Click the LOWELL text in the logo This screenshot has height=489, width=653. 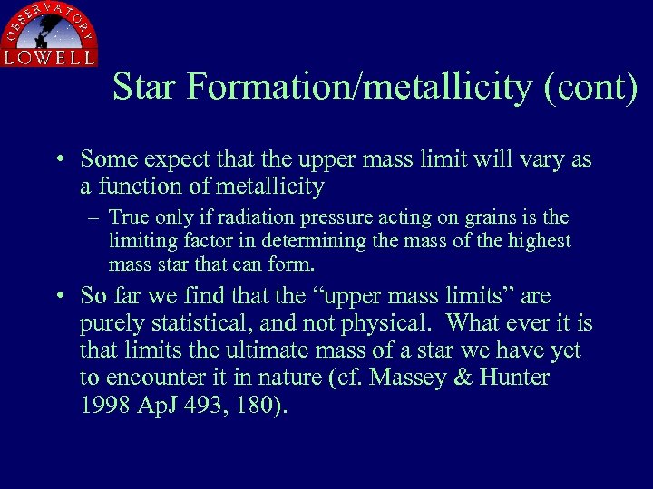pyautogui.click(x=49, y=56)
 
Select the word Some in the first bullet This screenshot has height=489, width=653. pyautogui.click(x=107, y=160)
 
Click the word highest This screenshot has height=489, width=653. pyautogui.click(x=540, y=241)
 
